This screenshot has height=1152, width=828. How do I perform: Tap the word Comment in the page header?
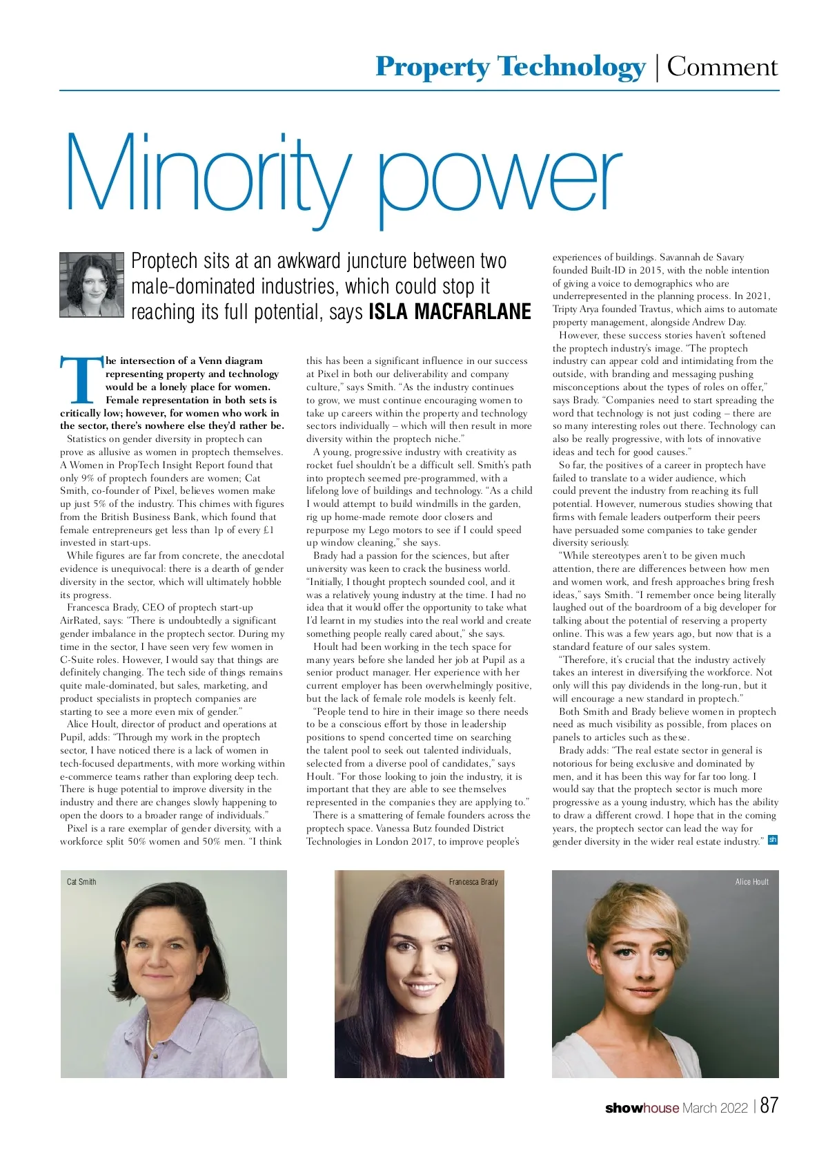(x=722, y=67)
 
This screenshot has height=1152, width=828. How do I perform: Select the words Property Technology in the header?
(x=510, y=67)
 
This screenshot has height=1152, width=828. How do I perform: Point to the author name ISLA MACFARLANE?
(x=450, y=312)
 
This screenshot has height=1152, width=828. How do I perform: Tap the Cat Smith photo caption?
(x=81, y=882)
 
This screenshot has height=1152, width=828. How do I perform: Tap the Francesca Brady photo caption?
(x=473, y=882)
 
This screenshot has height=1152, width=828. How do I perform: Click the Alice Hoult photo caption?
(x=751, y=882)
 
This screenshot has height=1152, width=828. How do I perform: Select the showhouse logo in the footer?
(x=642, y=1108)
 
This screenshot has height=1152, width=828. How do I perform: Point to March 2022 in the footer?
(x=715, y=1108)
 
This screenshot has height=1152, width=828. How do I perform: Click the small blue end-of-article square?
(x=773, y=841)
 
